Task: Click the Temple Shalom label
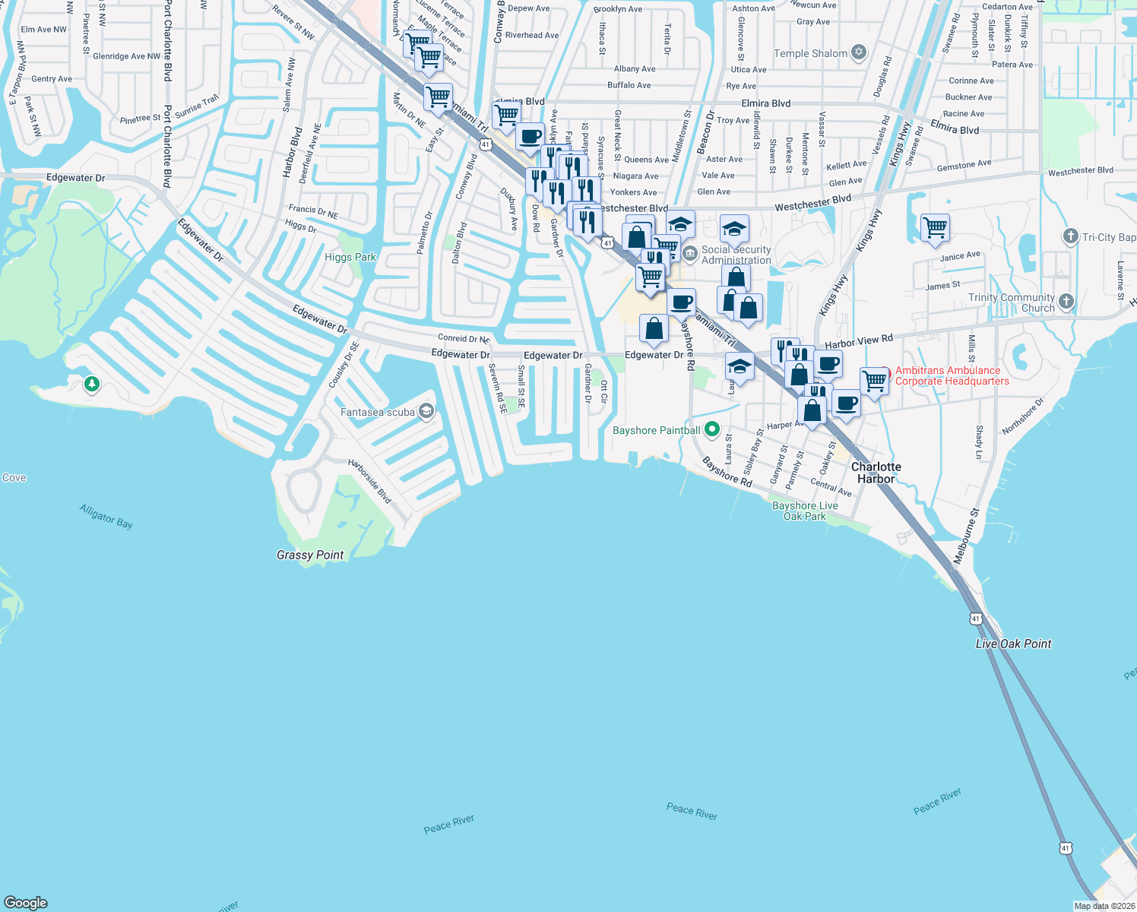click(x=810, y=53)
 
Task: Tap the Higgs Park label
click(x=350, y=257)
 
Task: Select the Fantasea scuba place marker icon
click(x=426, y=412)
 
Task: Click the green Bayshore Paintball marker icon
click(x=712, y=429)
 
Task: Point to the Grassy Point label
click(x=310, y=555)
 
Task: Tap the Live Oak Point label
click(x=1013, y=644)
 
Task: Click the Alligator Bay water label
click(x=106, y=516)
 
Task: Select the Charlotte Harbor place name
click(x=876, y=473)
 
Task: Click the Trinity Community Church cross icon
click(x=1066, y=302)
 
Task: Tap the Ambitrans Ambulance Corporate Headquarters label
click(x=952, y=375)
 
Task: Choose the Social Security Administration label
click(x=736, y=255)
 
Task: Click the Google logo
click(x=26, y=902)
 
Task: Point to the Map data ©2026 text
click(x=1104, y=906)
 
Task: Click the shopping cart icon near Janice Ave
click(x=935, y=227)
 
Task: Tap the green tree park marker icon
click(x=92, y=384)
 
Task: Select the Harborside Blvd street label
click(x=369, y=480)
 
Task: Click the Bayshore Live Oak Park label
click(x=805, y=511)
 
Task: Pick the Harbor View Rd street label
click(x=859, y=341)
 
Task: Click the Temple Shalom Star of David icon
click(x=859, y=52)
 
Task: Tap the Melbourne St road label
click(x=966, y=536)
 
